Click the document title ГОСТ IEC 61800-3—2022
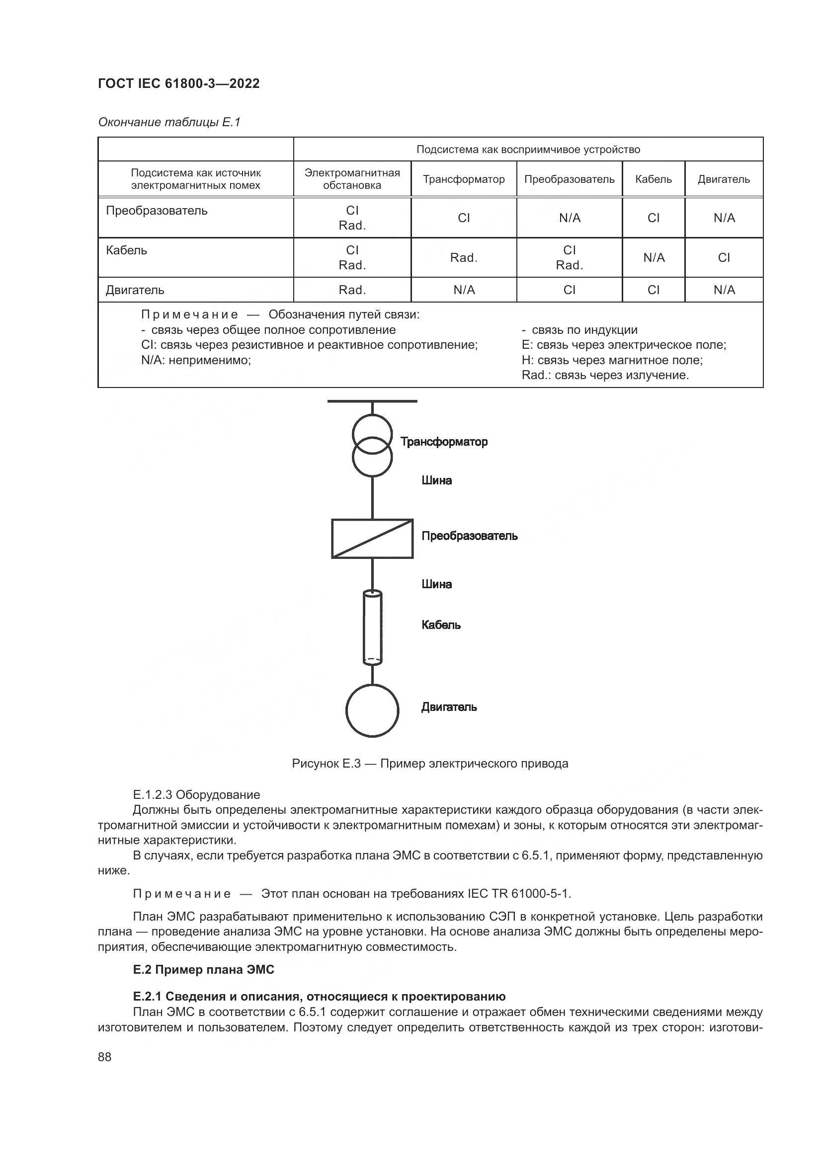tap(179, 83)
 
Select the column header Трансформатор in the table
tap(464, 179)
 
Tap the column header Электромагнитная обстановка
tap(352, 179)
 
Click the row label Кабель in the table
tap(127, 250)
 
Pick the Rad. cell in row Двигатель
tap(352, 290)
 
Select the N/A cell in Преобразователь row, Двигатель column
tap(724, 218)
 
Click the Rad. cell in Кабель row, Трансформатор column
tap(464, 258)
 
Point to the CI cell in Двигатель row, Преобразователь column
tap(570, 290)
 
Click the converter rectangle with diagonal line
tap(372, 539)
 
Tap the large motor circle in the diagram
tap(372, 710)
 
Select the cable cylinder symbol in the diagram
tap(373, 627)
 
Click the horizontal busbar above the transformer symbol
tap(372, 401)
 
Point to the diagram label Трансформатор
tap(444, 442)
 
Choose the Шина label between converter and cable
tap(436, 584)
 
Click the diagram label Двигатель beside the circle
tap(449, 707)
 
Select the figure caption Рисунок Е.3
tap(430, 763)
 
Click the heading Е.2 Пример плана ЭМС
tap(203, 969)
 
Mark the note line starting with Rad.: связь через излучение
tap(605, 375)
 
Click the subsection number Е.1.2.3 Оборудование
tap(196, 794)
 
